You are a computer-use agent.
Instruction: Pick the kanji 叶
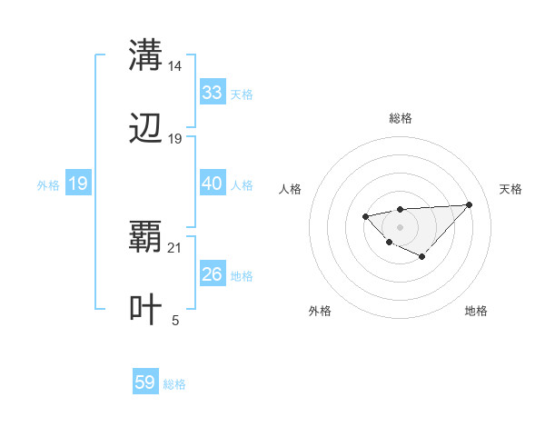[x=145, y=310]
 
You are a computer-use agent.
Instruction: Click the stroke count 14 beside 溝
[x=175, y=65]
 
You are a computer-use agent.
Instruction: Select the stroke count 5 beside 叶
[x=175, y=321]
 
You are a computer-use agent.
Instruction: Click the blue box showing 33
[x=212, y=93]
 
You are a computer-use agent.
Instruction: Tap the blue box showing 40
[x=212, y=184]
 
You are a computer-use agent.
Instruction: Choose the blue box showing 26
[x=212, y=274]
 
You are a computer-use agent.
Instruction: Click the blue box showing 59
[x=145, y=382]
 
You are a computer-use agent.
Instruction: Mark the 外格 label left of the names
[x=48, y=184]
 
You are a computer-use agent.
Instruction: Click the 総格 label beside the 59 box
[x=174, y=384]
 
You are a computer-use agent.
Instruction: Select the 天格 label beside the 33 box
[x=242, y=94]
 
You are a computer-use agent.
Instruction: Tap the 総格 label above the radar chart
[x=400, y=118]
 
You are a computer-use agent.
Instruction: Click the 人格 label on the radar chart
[x=291, y=189]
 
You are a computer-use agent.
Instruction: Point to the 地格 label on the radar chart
[x=476, y=311]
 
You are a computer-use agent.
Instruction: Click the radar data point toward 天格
[x=469, y=204]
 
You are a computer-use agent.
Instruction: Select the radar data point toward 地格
[x=421, y=256]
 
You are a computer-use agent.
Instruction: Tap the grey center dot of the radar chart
[x=400, y=226]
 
